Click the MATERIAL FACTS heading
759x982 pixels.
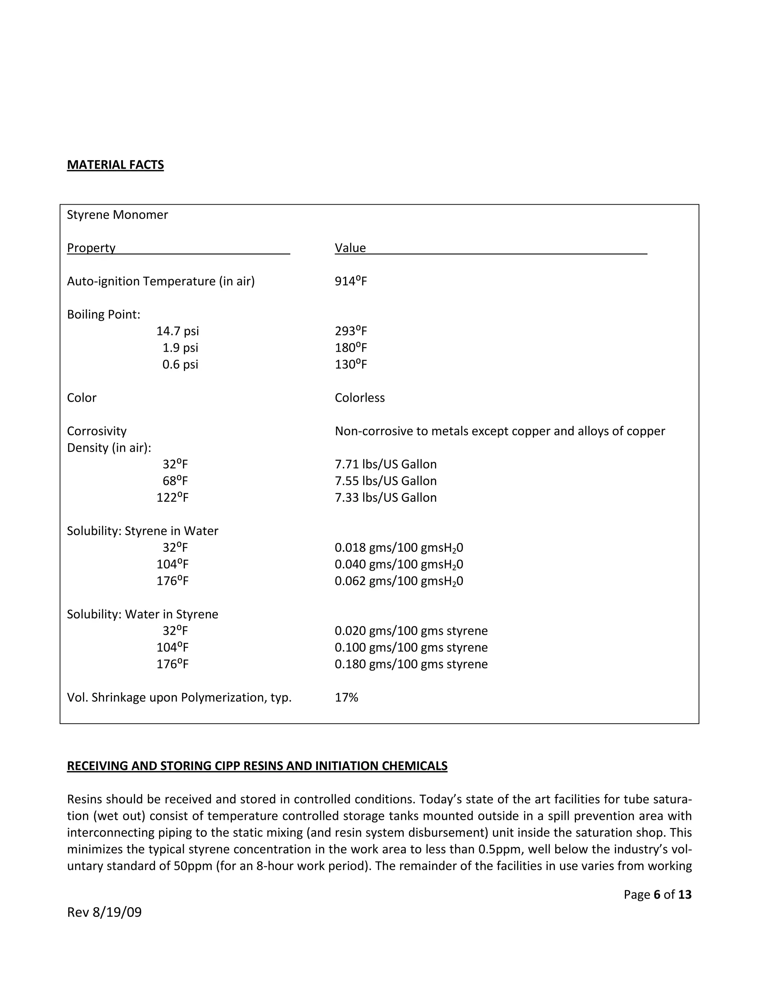115,165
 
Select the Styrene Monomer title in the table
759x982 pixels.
117,215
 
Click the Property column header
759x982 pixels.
91,248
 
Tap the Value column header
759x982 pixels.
350,248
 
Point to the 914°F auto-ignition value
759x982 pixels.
351,282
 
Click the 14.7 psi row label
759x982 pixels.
178,331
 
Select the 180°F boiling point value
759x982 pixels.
351,348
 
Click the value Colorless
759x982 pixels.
360,398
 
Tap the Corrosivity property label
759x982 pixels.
97,431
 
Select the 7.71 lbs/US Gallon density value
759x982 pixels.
385,464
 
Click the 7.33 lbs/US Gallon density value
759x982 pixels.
385,498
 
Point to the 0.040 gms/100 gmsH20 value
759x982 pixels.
399,565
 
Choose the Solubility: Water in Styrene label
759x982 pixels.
143,615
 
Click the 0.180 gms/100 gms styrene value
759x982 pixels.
411,664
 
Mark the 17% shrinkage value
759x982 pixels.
346,698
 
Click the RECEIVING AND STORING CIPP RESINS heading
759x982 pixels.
257,766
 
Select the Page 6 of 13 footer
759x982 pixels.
657,895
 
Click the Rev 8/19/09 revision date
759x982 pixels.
104,912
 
